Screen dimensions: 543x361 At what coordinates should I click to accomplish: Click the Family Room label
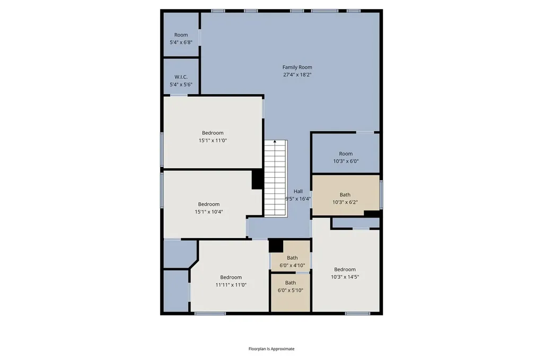297,67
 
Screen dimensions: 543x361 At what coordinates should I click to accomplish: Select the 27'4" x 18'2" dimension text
297,75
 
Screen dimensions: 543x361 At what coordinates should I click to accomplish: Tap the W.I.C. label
181,77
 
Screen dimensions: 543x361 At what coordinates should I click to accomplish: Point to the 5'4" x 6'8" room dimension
181,42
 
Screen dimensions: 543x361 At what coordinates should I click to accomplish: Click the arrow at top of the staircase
275,141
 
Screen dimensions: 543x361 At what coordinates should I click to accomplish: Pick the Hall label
298,191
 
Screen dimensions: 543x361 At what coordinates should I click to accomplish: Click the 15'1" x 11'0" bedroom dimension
213,140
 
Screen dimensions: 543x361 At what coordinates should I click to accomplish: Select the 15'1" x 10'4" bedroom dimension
209,212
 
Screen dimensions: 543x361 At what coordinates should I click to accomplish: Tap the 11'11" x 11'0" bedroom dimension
231,285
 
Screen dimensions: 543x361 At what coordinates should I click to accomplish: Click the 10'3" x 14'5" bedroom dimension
345,277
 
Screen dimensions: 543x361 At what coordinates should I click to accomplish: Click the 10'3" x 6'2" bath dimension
345,202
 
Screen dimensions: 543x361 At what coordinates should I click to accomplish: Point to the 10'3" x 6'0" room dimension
346,161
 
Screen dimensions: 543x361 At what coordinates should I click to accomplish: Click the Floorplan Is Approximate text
271,349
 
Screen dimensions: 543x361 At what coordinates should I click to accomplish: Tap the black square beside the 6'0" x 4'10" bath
276,246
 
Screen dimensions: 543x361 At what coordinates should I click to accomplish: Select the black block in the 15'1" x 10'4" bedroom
257,179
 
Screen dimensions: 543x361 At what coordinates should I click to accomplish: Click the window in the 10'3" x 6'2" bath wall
381,195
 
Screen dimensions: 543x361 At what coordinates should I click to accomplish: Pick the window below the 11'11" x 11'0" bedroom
210,314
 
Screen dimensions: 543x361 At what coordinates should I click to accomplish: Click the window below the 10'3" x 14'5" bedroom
358,314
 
